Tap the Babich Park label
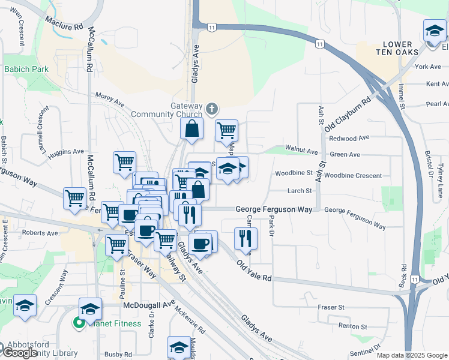26,69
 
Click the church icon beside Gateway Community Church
211,109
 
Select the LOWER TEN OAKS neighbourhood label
398,49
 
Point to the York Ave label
427,67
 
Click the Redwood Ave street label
349,138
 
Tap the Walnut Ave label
301,148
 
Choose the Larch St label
300,191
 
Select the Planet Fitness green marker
79,324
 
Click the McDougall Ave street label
149,305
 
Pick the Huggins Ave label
66,152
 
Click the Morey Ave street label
109,99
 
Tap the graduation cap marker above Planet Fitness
90,309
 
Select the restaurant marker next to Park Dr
246,238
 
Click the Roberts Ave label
40,232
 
